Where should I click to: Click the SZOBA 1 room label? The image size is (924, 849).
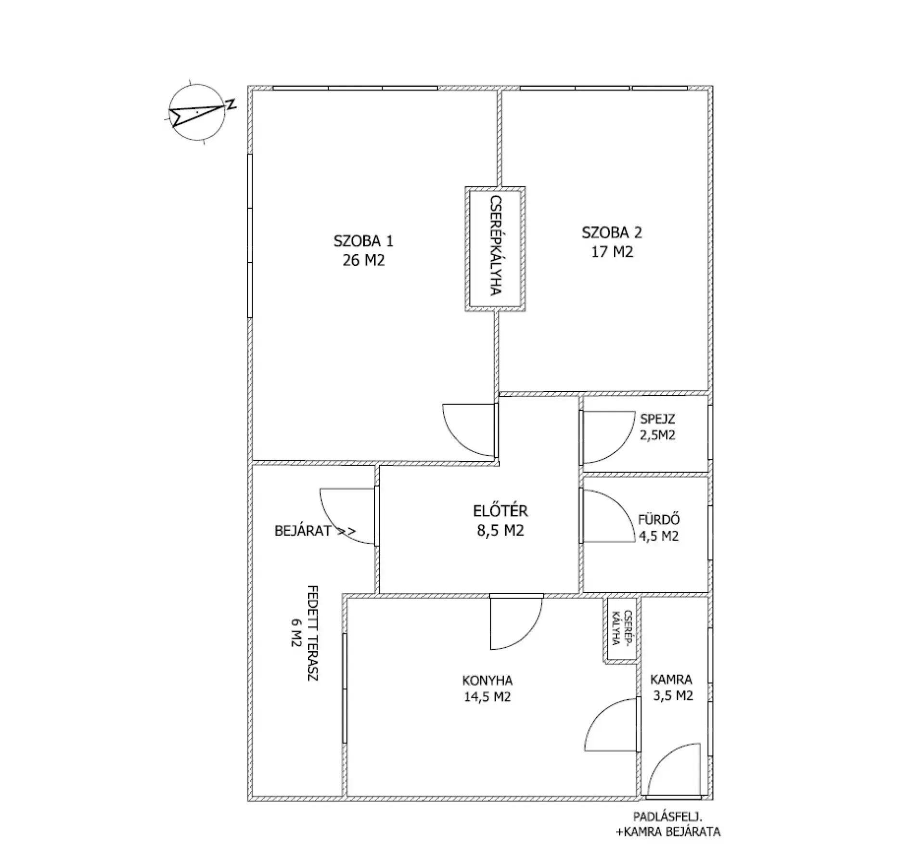coord(363,241)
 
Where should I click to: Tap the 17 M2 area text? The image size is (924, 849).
coord(612,252)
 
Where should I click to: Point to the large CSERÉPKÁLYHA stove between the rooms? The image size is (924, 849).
coord(495,249)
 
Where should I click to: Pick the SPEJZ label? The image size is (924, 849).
coord(657,419)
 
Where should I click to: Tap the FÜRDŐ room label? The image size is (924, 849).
coord(659,520)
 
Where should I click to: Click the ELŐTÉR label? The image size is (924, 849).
coord(500,510)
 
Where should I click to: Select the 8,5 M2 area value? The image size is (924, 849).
coord(500,531)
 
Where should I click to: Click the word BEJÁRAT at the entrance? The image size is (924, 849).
coord(303,531)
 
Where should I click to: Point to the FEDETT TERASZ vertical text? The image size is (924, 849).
coord(313,633)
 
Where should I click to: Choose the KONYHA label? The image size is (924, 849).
coord(487,680)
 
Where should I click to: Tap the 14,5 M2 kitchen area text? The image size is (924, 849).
coord(487,697)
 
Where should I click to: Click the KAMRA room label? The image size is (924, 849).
coord(671,679)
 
